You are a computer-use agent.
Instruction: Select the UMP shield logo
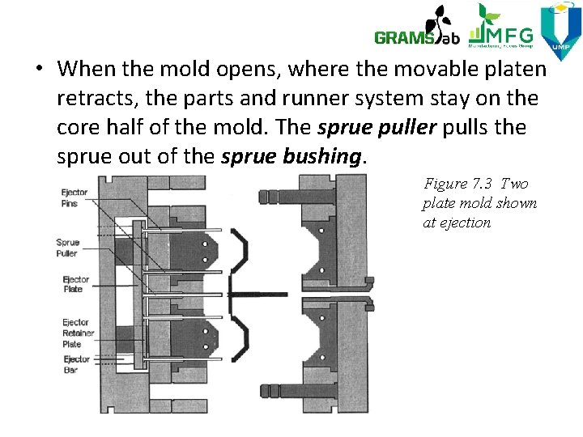[x=561, y=32]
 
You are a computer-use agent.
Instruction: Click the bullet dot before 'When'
[x=39, y=69]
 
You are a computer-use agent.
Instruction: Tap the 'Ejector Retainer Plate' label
[x=78, y=333]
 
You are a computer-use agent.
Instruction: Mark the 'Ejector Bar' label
[x=76, y=363]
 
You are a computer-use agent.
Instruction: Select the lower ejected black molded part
[x=244, y=338]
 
